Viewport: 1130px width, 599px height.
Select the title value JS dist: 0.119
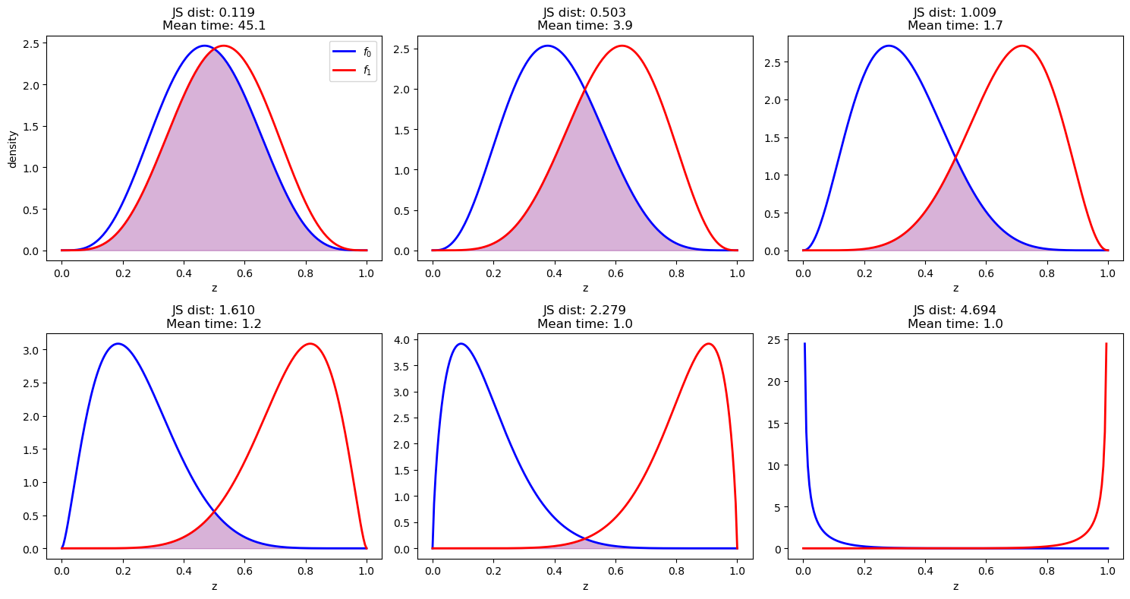[x=214, y=13]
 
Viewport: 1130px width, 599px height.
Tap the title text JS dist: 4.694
[x=955, y=310]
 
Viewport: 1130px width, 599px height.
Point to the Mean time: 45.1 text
[x=214, y=26]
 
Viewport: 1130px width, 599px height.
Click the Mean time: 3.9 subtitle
[x=584, y=26]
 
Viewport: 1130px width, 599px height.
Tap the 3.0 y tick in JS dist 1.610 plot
[x=30, y=350]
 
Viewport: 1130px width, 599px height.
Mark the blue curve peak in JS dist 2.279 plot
[x=460, y=343]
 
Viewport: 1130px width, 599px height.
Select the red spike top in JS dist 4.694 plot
[x=1106, y=343]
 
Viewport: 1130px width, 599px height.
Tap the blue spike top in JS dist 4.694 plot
[x=804, y=343]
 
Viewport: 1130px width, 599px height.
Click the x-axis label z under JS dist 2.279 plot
[x=584, y=585]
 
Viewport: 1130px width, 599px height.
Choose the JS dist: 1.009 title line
[x=955, y=13]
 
